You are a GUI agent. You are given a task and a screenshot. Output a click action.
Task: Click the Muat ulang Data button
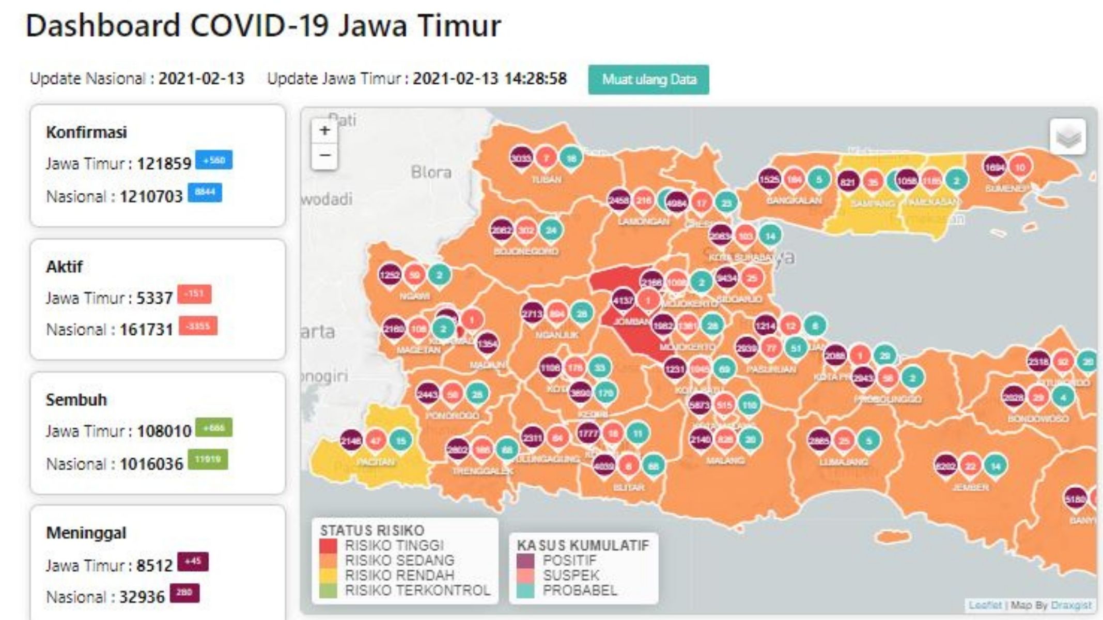tap(648, 80)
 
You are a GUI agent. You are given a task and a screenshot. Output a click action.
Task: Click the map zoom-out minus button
tap(324, 155)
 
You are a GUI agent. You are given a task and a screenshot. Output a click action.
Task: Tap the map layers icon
tap(1068, 137)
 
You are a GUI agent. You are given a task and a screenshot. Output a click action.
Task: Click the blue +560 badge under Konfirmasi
tap(214, 160)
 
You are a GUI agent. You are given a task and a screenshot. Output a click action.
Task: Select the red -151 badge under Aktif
tap(194, 294)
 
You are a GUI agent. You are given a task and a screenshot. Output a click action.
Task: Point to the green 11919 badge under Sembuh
tap(208, 459)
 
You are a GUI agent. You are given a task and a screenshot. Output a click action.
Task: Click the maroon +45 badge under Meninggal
tap(193, 562)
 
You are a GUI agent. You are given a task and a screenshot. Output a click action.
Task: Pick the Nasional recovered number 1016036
tap(151, 464)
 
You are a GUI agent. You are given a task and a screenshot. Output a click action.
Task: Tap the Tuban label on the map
tap(546, 180)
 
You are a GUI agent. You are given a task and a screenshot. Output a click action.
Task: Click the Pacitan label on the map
tap(375, 461)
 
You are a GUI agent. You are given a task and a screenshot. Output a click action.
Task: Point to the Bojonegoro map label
tap(526, 251)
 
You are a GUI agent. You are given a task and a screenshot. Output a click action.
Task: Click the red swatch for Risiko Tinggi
tap(328, 546)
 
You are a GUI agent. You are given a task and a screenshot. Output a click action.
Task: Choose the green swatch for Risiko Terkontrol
tap(328, 590)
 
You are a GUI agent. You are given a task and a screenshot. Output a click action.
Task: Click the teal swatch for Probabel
tap(525, 590)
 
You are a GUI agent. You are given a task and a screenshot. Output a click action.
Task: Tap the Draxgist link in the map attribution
tap(1071, 605)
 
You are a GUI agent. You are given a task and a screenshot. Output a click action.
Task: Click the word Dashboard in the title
tap(103, 26)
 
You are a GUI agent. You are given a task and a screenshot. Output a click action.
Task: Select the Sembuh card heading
tap(76, 400)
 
